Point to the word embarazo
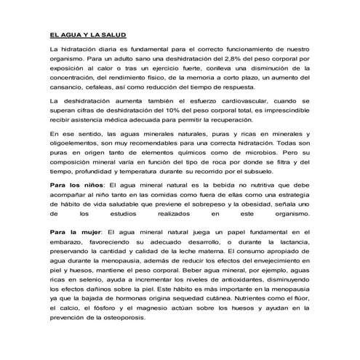(x=65, y=242)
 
